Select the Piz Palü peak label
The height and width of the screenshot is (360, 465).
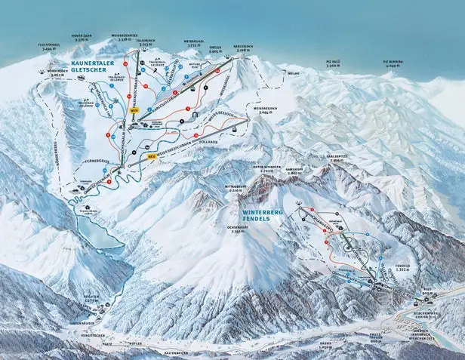336,63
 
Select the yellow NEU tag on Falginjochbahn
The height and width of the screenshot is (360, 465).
134,110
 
